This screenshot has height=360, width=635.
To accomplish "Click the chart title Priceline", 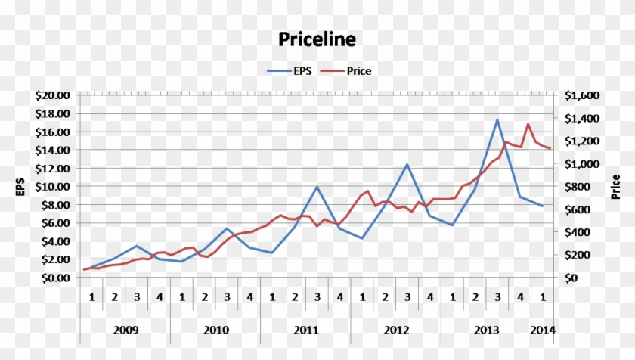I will click(317, 39).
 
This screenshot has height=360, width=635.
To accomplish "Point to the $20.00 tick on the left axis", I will click(52, 95).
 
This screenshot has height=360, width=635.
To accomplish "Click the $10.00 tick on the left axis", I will click(52, 186).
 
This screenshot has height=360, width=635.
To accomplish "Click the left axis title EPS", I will click(20, 186).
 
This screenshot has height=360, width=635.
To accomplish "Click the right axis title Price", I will click(616, 186).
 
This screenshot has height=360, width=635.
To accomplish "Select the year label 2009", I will click(125, 330).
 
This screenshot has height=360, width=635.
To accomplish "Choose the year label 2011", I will click(305, 330).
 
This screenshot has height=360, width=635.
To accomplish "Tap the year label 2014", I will click(543, 330).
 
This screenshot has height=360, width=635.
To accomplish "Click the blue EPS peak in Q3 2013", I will click(497, 119).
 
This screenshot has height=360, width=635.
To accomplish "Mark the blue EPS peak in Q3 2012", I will click(407, 164).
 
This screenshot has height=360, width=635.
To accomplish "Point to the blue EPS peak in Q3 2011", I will click(317, 187).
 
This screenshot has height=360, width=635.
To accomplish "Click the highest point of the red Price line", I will click(528, 124).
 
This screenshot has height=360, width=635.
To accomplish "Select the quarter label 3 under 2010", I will click(227, 296).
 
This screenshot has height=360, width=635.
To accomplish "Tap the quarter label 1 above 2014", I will click(543, 296).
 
